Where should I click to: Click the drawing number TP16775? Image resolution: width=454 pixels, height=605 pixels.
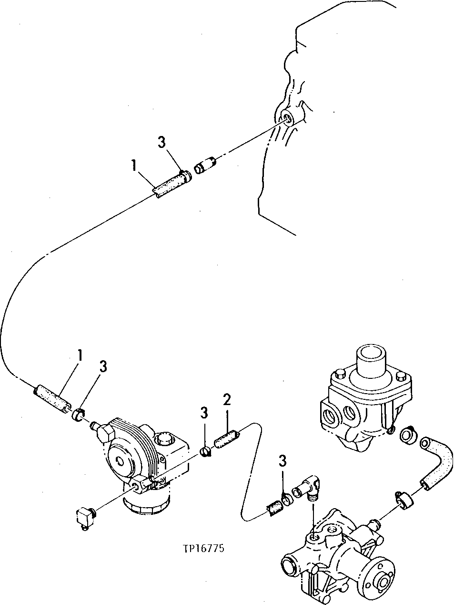click(203, 548)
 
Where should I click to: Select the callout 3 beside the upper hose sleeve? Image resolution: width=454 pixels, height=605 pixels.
click(162, 142)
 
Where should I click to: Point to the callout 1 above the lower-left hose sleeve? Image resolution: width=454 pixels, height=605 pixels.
click(80, 355)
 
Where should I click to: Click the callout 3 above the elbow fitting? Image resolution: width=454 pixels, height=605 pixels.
click(283, 461)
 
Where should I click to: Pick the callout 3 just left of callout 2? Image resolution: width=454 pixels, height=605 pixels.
click(204, 414)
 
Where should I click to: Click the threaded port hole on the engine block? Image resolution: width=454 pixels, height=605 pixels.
click(287, 118)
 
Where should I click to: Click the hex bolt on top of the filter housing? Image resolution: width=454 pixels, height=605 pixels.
click(163, 438)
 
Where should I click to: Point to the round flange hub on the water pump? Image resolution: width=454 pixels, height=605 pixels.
click(382, 581)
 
